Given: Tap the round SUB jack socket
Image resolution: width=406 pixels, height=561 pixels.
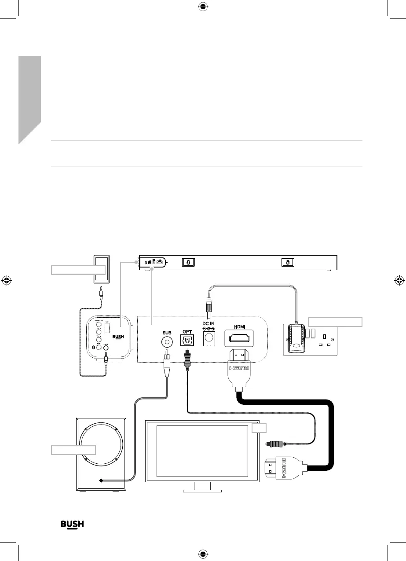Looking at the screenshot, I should click(x=166, y=341).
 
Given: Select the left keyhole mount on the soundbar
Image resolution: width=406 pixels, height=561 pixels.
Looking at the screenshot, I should click(x=188, y=262).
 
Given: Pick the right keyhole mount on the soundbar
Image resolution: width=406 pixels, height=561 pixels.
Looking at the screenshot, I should click(x=288, y=262).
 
